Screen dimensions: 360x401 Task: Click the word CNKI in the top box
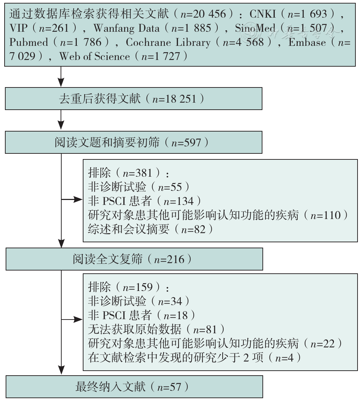[x=263, y=14]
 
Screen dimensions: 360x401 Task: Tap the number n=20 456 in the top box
[x=203, y=14]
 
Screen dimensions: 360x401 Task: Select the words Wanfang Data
[x=127, y=28]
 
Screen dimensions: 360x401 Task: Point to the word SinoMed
[x=255, y=28]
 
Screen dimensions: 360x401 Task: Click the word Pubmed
[x=29, y=42]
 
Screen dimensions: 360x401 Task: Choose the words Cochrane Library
[x=168, y=42]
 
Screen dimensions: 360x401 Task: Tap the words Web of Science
[x=94, y=56]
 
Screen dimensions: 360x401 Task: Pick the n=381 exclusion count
[x=137, y=173]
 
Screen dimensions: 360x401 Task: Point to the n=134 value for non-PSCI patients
[x=179, y=201]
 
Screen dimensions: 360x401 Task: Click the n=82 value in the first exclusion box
[x=193, y=229]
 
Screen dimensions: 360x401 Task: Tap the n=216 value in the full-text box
[x=169, y=260]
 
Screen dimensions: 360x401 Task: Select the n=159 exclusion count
[x=137, y=287]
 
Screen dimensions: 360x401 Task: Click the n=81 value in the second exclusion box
[x=205, y=329]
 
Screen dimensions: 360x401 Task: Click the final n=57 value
[x=169, y=387]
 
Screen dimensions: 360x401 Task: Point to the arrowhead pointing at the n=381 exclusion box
[x=78, y=199]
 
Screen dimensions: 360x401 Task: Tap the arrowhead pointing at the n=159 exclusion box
[x=78, y=320]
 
